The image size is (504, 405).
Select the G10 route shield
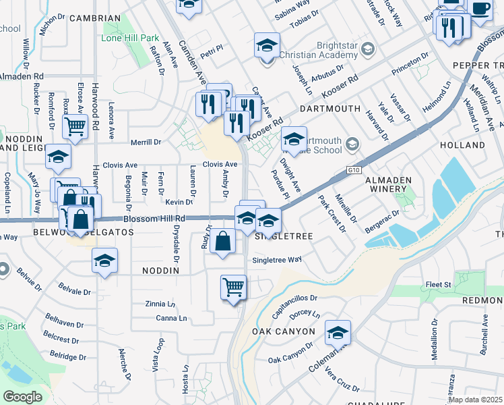click(x=354, y=171)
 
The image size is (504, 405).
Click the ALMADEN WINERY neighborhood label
click(x=388, y=186)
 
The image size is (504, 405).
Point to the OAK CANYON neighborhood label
click(x=283, y=332)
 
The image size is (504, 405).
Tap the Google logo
click(x=22, y=397)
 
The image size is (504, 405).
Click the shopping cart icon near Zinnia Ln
click(x=233, y=287)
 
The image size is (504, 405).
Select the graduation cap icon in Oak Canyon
click(x=338, y=333)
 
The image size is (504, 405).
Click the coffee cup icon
click(x=480, y=9)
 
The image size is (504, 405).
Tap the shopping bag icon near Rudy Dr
click(x=222, y=240)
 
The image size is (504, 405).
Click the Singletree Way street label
click(x=276, y=260)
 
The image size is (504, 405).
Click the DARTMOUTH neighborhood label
click(x=330, y=109)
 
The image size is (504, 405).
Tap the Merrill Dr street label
click(x=146, y=142)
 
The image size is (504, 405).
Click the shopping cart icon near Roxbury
click(x=75, y=126)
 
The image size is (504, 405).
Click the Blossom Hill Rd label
click(x=154, y=219)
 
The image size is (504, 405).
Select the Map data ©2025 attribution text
click(x=475, y=400)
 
